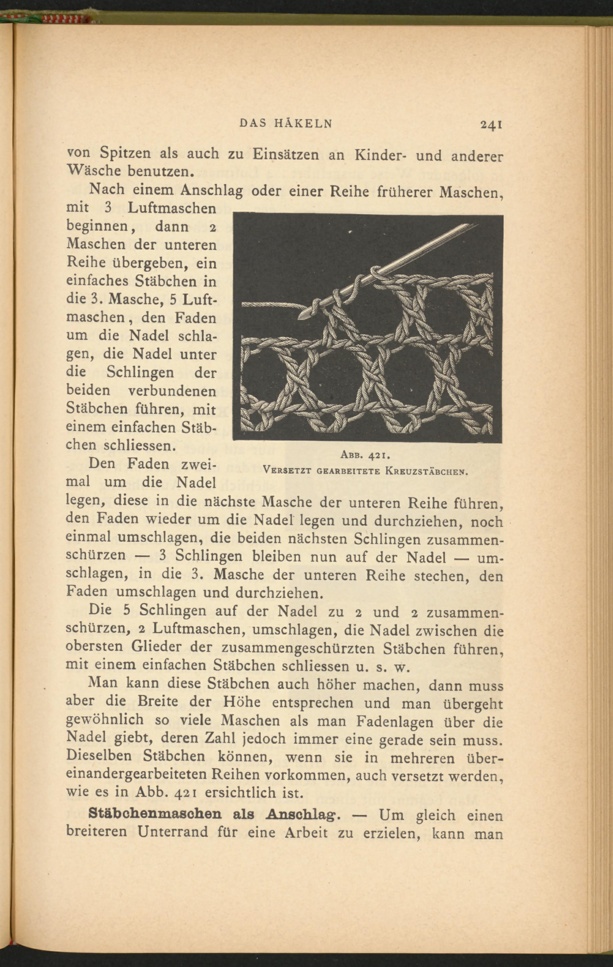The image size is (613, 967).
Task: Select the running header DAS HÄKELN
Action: coord(286,124)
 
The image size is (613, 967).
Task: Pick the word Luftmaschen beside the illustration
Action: coord(172,208)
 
